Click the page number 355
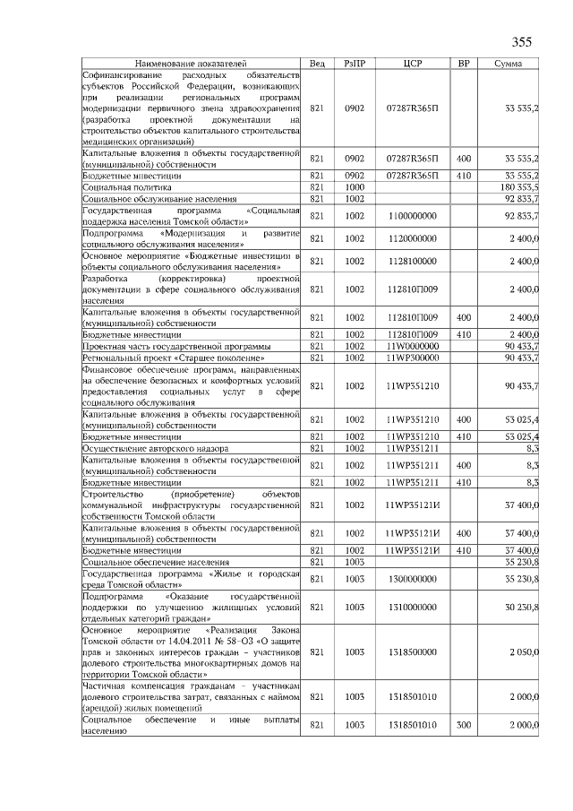tap(521, 42)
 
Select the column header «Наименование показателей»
tap(190, 65)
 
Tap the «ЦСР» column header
tap(413, 65)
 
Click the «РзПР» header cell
tap(355, 65)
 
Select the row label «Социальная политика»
tap(121, 186)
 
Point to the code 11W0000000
tap(413, 345)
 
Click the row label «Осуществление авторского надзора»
tap(155, 447)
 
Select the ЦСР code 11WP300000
tap(413, 357)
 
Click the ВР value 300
tap(463, 725)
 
